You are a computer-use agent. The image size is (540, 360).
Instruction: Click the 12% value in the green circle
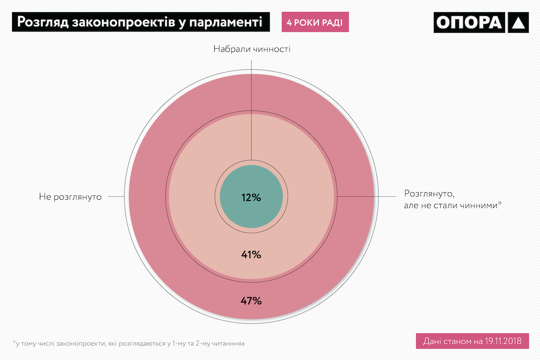pyautogui.click(x=251, y=198)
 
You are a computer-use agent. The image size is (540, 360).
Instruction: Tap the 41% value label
pyautogui.click(x=251, y=255)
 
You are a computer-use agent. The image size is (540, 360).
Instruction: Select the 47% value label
pyautogui.click(x=251, y=301)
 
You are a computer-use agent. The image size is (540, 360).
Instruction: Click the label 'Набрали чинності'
pyautogui.click(x=252, y=49)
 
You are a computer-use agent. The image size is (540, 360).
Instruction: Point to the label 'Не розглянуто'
pyautogui.click(x=70, y=196)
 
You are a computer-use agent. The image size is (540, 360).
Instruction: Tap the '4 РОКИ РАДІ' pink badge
pyautogui.click(x=315, y=22)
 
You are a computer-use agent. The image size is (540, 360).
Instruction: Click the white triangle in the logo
pyautogui.click(x=518, y=23)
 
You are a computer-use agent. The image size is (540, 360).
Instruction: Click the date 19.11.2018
pyautogui.click(x=505, y=341)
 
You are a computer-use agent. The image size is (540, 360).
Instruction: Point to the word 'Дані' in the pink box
pyautogui.click(x=432, y=341)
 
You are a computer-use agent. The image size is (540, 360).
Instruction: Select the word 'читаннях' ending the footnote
pyautogui.click(x=231, y=344)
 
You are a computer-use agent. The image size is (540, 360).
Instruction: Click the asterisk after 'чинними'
pyautogui.click(x=500, y=203)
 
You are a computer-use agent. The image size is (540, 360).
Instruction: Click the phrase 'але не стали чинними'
pyautogui.click(x=450, y=205)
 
